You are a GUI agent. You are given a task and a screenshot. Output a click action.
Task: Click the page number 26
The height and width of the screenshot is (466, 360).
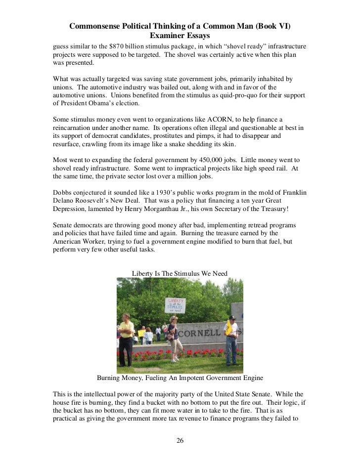[x=180, y=441]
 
